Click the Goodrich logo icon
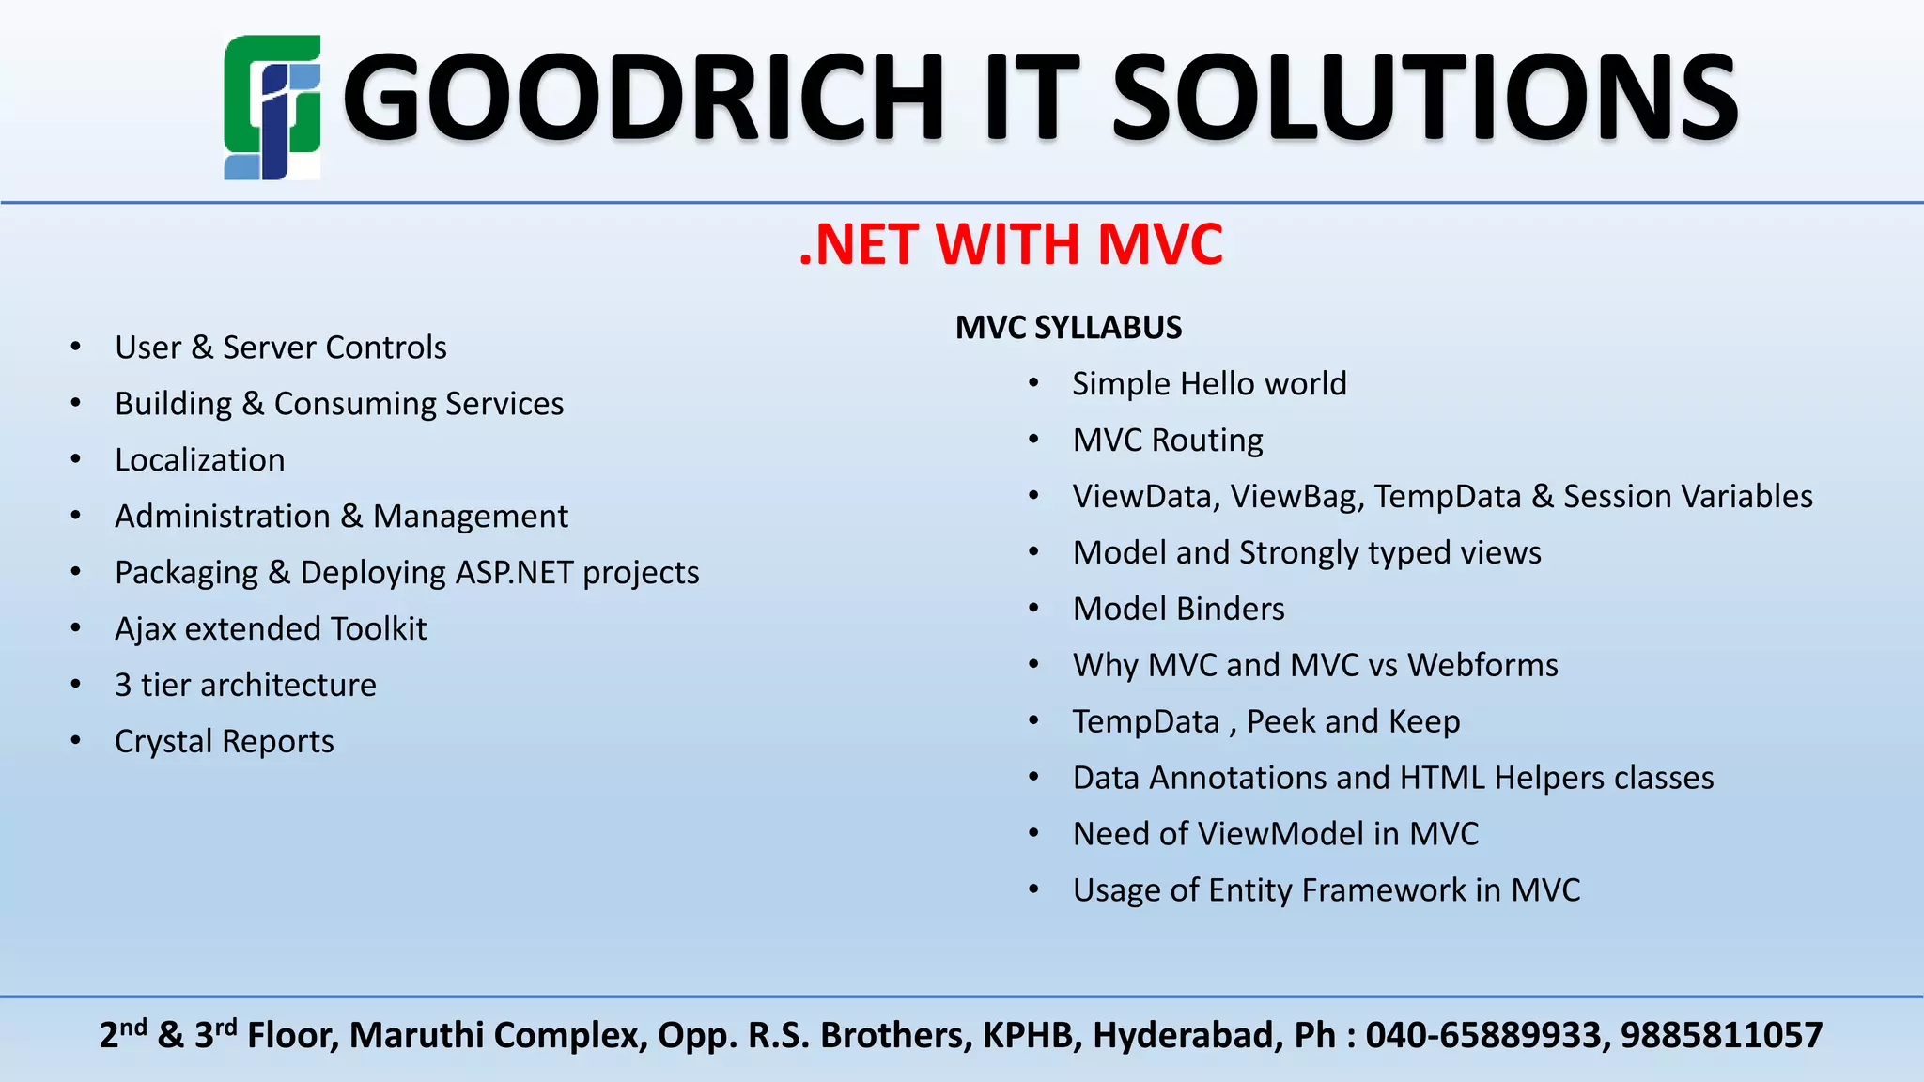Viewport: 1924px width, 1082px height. click(272, 107)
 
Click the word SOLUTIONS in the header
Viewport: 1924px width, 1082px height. click(1424, 98)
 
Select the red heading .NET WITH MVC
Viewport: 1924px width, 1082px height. click(1011, 244)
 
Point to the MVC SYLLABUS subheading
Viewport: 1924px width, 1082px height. click(1068, 328)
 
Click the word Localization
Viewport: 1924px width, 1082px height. click(199, 460)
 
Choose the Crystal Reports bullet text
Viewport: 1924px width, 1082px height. click(224, 742)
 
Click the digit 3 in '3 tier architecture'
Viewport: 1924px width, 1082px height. click(123, 686)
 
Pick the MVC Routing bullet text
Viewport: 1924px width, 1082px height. click(1168, 441)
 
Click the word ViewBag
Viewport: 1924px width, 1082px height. click(1296, 497)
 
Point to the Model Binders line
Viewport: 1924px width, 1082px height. click(1178, 610)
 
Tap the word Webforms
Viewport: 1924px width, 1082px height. click(1482, 666)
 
